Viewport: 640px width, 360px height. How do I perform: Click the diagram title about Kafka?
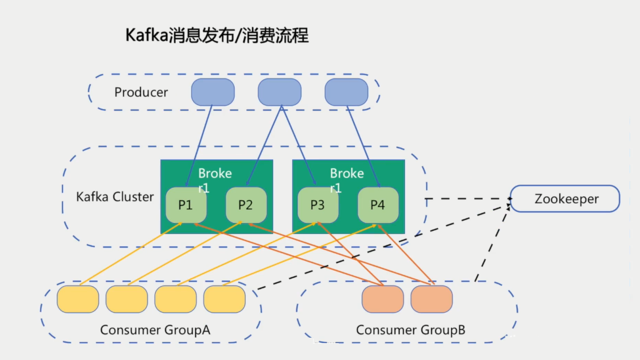(217, 35)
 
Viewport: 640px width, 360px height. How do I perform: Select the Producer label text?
(141, 92)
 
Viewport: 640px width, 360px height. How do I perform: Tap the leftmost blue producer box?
(213, 92)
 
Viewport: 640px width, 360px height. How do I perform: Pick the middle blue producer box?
(279, 92)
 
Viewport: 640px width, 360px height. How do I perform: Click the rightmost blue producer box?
(346, 92)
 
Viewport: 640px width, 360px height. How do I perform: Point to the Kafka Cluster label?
(115, 197)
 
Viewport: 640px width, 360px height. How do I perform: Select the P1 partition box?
(186, 205)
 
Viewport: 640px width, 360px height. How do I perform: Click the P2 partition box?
(246, 205)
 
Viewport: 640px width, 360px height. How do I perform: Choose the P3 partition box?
(318, 205)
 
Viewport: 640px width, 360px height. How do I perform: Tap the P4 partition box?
(378, 205)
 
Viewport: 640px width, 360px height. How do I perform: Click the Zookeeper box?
(565, 199)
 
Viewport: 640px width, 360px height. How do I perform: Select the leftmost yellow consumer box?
(78, 299)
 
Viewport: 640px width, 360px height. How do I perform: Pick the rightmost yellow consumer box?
(224, 299)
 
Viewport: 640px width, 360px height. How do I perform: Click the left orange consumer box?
(382, 299)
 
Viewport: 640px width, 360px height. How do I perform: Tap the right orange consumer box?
(431, 299)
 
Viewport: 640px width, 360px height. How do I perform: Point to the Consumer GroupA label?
(155, 330)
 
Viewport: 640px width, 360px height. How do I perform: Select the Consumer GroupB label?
(410, 330)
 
